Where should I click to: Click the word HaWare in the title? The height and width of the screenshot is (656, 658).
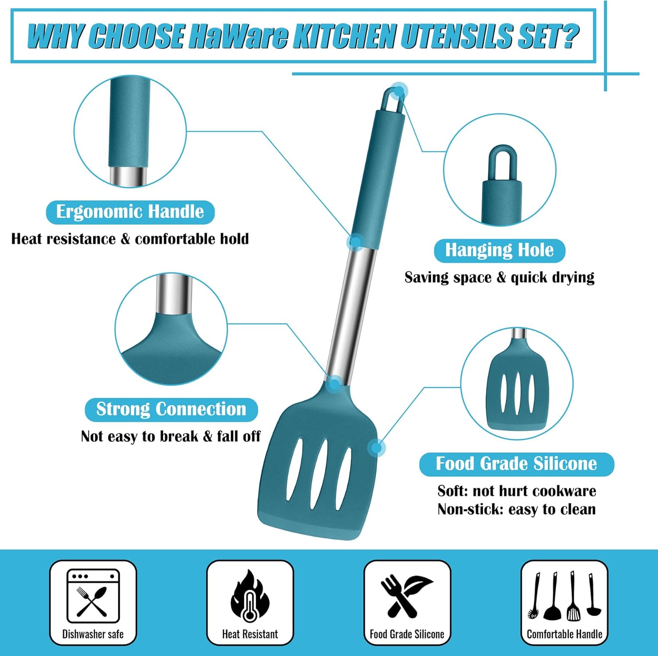click(239, 36)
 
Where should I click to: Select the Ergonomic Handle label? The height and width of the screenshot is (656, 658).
click(130, 212)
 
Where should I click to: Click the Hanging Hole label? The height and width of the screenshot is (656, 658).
click(499, 250)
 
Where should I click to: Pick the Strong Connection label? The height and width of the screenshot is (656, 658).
click(171, 409)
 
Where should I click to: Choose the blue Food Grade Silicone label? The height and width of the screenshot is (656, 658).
click(516, 464)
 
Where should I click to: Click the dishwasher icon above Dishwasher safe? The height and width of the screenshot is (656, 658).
click(93, 595)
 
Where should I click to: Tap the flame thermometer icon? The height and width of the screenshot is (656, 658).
click(250, 595)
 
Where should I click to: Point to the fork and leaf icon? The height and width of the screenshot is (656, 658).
click(407, 596)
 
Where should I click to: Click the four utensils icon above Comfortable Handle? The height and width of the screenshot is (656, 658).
click(565, 595)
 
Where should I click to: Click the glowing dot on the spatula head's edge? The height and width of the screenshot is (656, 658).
click(376, 448)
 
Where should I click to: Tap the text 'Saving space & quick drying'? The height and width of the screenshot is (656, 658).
click(499, 277)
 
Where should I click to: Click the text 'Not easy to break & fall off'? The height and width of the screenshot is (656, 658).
click(171, 436)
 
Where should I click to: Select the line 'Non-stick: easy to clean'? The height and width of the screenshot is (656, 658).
click(516, 509)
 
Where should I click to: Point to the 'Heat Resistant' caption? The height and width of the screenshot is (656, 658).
click(250, 634)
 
